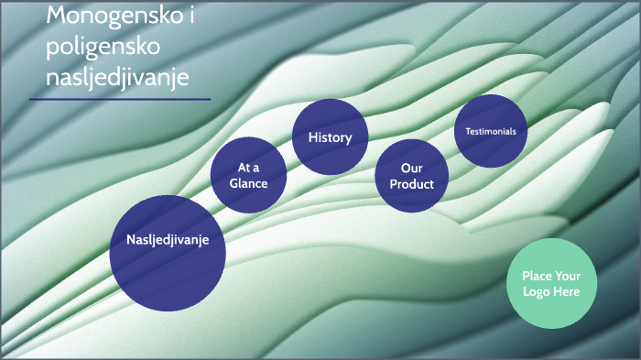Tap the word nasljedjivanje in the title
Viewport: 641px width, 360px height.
117,78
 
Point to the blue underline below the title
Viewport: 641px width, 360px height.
120,99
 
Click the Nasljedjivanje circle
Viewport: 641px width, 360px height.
168,252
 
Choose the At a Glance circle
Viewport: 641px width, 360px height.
248,175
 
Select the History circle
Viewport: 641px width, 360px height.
330,137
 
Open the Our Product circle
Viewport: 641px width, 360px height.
411,176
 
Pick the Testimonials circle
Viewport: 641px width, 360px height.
491,131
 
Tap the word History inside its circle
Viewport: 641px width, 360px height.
330,137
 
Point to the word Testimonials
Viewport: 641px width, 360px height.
491,131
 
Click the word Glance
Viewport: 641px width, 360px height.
248,183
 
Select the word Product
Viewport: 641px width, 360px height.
411,184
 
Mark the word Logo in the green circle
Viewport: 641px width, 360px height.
537,291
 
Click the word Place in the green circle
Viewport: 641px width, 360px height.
538,276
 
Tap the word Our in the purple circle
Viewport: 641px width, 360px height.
411,168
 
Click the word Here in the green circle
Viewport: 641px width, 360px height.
567,291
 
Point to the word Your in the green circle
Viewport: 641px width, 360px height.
569,276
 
